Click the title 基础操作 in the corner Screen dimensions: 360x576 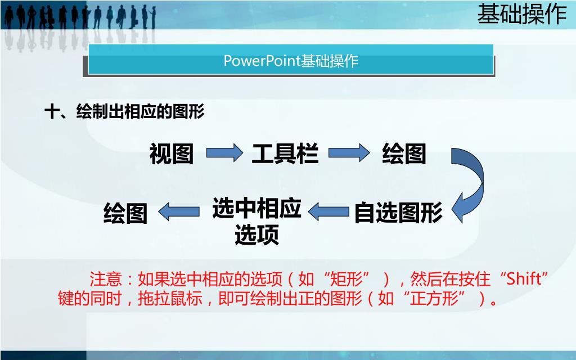(x=521, y=14)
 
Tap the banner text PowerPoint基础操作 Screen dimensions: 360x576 (x=291, y=61)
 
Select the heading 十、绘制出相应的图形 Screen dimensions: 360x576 (x=124, y=112)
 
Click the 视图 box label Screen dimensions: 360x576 (x=172, y=154)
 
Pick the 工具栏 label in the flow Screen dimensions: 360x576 (x=285, y=154)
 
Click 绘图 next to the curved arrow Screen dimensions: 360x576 (x=404, y=154)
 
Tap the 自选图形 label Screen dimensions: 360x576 (x=398, y=213)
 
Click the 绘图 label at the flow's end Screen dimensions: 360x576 (x=125, y=214)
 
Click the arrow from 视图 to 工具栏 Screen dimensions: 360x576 (x=224, y=153)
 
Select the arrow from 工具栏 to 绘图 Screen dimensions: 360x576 (x=347, y=153)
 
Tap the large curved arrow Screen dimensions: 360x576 (x=468, y=183)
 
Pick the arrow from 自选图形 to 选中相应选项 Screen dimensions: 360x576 (x=328, y=212)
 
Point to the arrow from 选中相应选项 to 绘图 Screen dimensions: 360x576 (x=179, y=211)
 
